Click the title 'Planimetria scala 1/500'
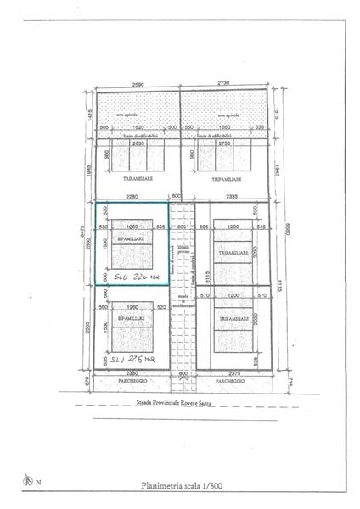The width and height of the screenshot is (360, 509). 180,486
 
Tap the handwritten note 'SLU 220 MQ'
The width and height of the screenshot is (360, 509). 127,275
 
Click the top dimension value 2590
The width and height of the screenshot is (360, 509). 138,84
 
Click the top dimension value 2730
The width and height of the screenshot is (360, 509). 226,84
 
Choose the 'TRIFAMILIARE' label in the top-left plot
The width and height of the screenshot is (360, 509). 136,180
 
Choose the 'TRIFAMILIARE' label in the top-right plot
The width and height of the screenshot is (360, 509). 227,180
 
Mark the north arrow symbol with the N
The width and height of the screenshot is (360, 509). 31,482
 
